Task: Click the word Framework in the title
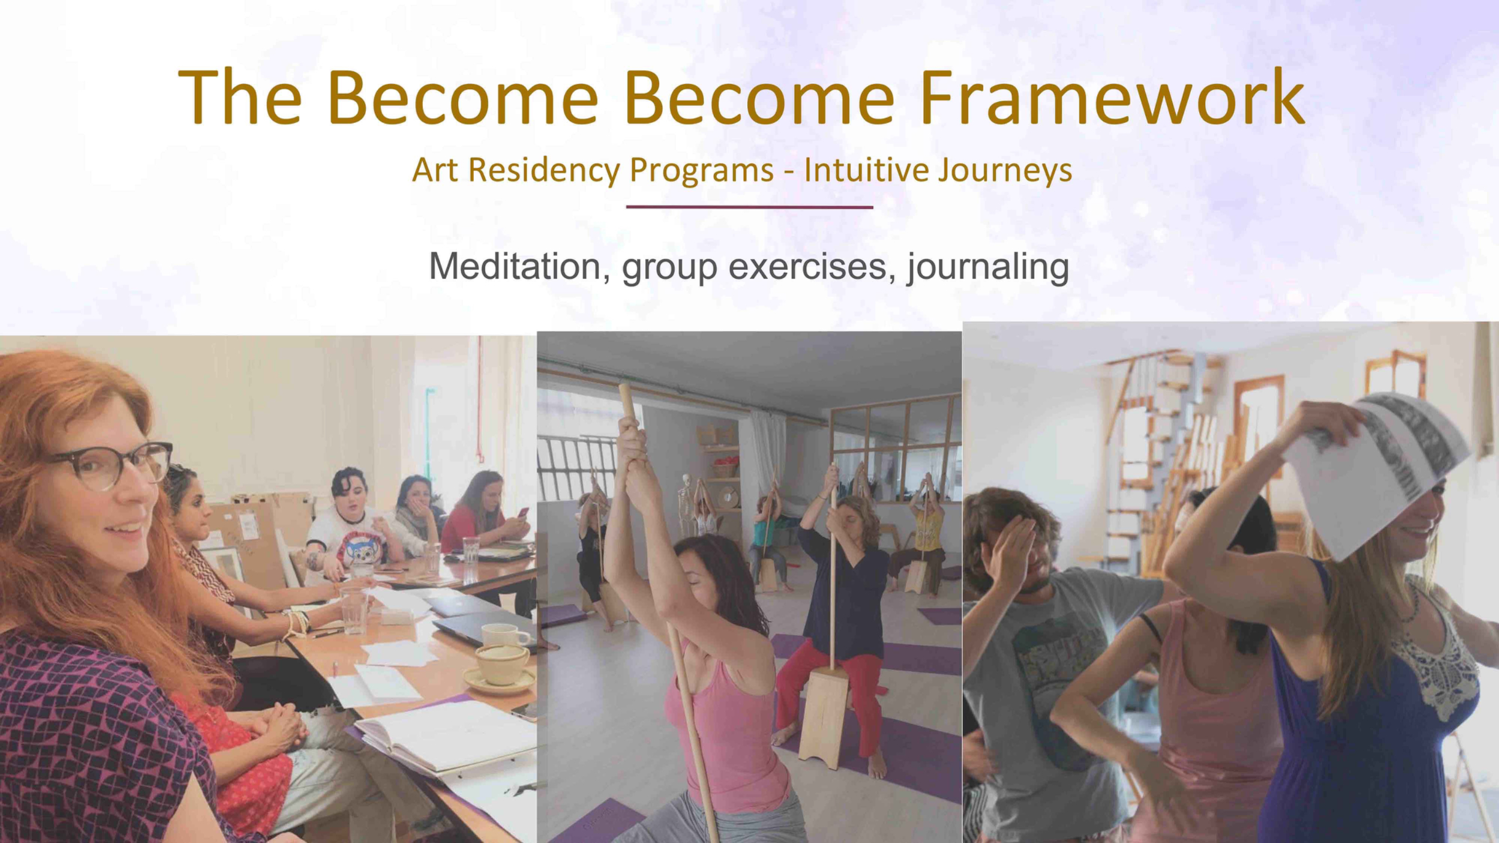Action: point(1112,98)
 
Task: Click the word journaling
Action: point(988,268)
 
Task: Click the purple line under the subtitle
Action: point(749,207)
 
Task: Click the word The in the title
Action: point(240,98)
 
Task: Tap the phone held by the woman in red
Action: point(523,513)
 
